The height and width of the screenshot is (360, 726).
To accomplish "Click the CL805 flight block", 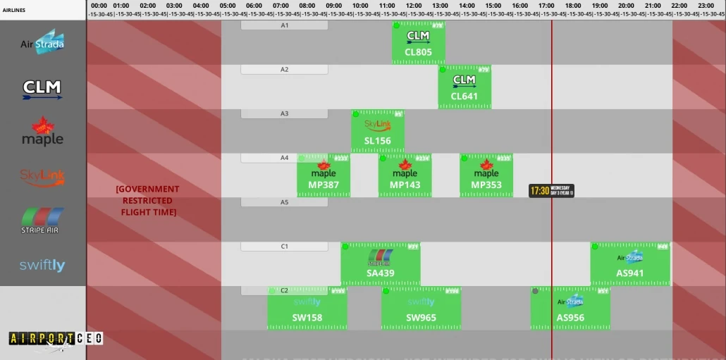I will tap(419, 43).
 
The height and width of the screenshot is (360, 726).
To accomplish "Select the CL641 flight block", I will tap(464, 87).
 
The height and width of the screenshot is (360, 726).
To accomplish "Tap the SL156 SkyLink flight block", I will tap(378, 132).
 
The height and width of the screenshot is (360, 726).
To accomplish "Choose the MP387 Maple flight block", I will tap(324, 175).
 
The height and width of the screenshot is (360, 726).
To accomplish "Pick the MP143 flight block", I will tap(405, 175).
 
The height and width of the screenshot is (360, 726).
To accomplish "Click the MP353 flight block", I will tap(486, 175).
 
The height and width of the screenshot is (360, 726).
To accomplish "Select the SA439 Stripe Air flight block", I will tap(381, 264).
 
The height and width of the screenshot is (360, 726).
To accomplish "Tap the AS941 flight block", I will tap(630, 264).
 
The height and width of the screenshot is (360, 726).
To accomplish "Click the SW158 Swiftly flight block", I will tap(307, 309).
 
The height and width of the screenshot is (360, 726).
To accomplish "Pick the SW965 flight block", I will tap(421, 309).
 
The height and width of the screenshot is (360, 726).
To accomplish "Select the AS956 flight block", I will tap(570, 309).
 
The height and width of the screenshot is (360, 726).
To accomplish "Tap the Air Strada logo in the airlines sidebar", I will tap(42, 43).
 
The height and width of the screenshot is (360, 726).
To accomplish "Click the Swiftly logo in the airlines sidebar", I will tap(42, 265).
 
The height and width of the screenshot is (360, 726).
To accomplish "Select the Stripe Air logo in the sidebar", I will tap(42, 221).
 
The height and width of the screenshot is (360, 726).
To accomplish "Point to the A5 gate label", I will tap(285, 202).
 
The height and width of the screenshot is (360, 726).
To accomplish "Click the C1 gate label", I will tap(285, 247).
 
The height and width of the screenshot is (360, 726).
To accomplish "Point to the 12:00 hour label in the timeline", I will tap(414, 5).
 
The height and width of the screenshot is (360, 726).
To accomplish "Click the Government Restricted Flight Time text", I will tap(148, 201).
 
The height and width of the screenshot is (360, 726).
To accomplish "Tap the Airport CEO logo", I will tap(56, 339).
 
